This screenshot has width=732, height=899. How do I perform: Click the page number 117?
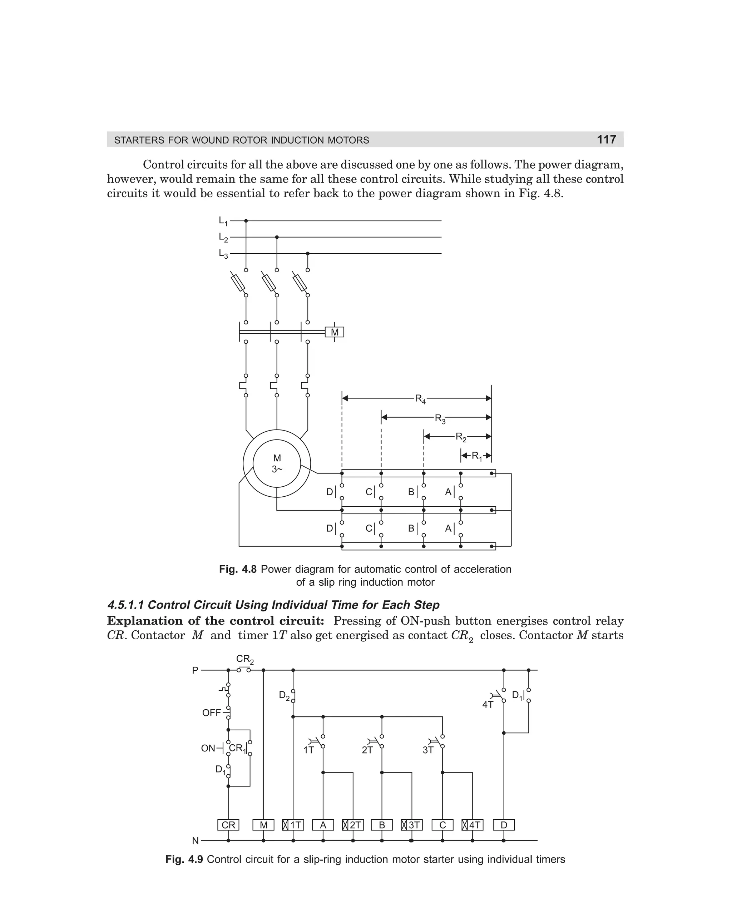pyautogui.click(x=606, y=139)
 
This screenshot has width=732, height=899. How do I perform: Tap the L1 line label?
pyautogui.click(x=223, y=221)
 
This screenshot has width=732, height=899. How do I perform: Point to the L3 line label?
pyautogui.click(x=223, y=254)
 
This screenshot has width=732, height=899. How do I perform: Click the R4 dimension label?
pyautogui.click(x=420, y=399)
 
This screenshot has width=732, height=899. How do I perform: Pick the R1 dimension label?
pyautogui.click(x=476, y=456)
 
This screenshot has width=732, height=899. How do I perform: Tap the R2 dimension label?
pyautogui.click(x=461, y=437)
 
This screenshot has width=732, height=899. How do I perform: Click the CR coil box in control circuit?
pyautogui.click(x=228, y=825)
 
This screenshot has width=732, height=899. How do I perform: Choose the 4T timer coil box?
pyautogui.click(x=472, y=825)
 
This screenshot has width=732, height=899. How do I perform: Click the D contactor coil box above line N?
pyautogui.click(x=504, y=825)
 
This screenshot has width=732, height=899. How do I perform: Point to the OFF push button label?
pyautogui.click(x=212, y=713)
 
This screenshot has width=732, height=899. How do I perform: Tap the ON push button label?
pyautogui.click(x=208, y=749)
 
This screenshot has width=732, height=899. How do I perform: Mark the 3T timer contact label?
pyautogui.click(x=428, y=750)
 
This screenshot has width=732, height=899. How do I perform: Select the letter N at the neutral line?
pyautogui.click(x=195, y=841)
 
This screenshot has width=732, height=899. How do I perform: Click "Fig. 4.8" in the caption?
pyautogui.click(x=238, y=570)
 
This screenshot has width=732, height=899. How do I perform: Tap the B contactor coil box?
pyautogui.click(x=382, y=825)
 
